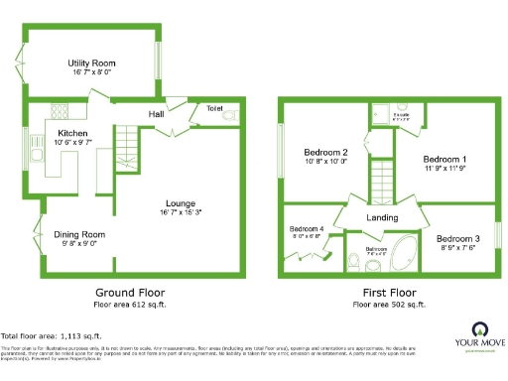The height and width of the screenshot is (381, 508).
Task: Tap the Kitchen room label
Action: pos(74,132)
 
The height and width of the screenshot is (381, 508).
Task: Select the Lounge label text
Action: pos(181,203)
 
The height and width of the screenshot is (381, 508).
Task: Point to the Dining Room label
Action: pos(79,234)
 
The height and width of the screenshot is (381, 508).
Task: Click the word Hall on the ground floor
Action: pos(157,115)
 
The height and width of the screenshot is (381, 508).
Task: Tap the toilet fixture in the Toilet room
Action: pos(230,117)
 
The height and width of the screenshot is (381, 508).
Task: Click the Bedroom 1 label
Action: pos(444,159)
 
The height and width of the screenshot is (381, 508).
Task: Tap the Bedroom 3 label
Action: pos(458,239)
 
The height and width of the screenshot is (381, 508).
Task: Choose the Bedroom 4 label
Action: pos(307,230)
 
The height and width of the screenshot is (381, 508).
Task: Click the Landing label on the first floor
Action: pos(382,218)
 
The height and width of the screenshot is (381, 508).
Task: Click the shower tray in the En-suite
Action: pos(381,112)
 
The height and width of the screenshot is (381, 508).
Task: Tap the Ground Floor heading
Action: pos(130,293)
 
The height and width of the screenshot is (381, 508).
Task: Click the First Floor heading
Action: pos(388,293)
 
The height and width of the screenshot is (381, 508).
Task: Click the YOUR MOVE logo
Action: pos(481,338)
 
